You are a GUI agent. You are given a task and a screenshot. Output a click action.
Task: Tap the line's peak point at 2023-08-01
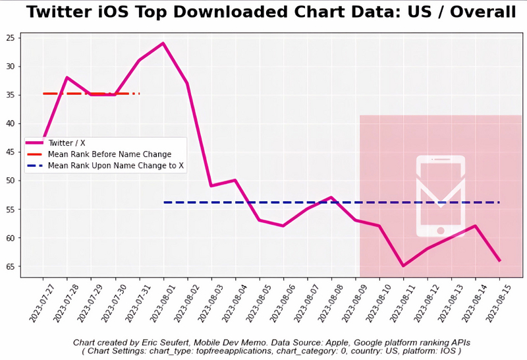click(163, 44)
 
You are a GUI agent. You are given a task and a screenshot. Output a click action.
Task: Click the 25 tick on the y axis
click(11, 38)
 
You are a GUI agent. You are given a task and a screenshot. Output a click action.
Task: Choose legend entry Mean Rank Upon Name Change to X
click(116, 166)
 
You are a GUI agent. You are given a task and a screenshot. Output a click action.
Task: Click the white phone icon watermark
click(440, 196)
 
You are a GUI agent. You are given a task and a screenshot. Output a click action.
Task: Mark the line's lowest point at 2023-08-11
click(403, 266)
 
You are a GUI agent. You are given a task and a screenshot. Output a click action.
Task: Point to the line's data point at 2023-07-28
click(67, 77)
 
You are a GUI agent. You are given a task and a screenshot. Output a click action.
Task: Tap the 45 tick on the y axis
click(11, 152)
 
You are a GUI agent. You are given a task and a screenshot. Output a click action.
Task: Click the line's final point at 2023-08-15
click(500, 261)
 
